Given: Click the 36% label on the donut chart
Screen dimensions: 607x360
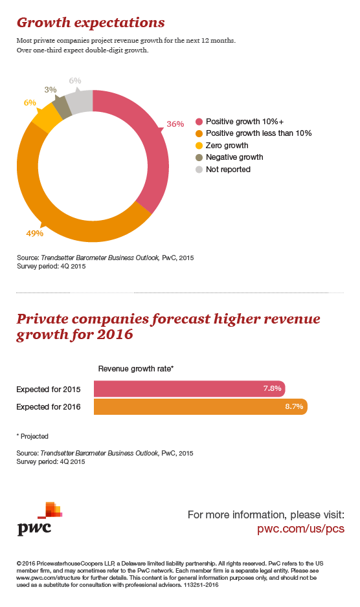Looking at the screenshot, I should (x=175, y=124).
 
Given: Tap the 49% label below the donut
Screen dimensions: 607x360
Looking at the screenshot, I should (x=34, y=233).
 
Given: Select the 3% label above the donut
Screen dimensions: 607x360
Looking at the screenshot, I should (x=50, y=90).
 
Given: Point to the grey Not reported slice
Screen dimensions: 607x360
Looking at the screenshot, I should (x=79, y=101).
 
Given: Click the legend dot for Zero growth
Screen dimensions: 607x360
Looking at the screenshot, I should (x=199, y=145).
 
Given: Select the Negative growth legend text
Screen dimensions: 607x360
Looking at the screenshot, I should (x=234, y=157).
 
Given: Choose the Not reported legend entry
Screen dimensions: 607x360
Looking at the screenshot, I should (x=228, y=170).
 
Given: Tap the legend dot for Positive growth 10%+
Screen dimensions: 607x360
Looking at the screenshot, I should (x=199, y=121).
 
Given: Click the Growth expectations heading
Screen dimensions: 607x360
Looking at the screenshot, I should (x=91, y=23).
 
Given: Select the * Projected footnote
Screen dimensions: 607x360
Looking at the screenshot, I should (x=33, y=436).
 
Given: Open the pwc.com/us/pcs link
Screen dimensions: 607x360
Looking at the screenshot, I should (x=300, y=528).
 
